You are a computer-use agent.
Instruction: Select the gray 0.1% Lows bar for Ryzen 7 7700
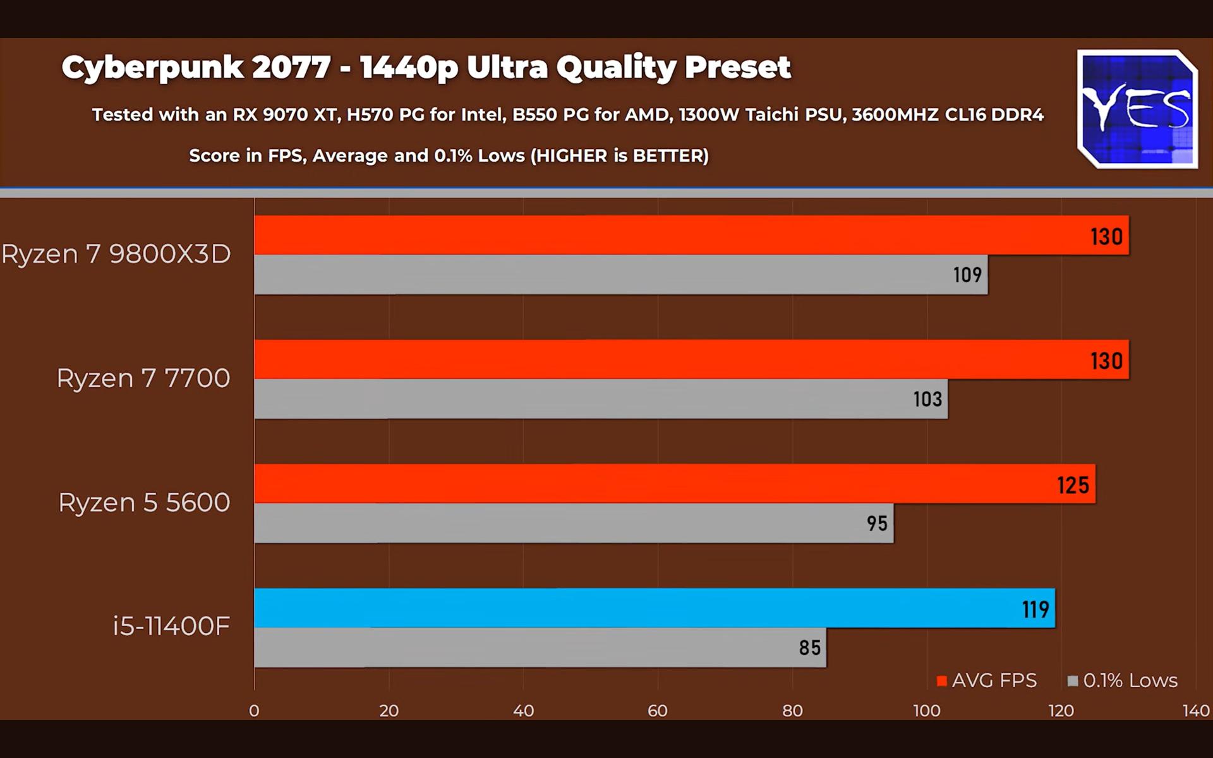pyautogui.click(x=600, y=399)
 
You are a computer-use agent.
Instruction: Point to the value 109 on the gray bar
pyautogui.click(x=967, y=275)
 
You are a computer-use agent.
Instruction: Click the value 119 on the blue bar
pyautogui.click(x=1035, y=609)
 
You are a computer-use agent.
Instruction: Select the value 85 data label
pyautogui.click(x=809, y=647)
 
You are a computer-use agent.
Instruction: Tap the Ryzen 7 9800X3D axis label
pyautogui.click(x=116, y=254)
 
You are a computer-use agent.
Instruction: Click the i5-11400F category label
pyautogui.click(x=171, y=626)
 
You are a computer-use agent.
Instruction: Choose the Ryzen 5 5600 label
pyautogui.click(x=144, y=502)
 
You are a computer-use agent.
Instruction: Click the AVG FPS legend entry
pyautogui.click(x=987, y=680)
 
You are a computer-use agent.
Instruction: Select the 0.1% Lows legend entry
pyautogui.click(x=1123, y=680)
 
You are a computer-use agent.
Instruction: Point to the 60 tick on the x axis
pyautogui.click(x=658, y=711)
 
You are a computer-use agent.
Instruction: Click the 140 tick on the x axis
pyautogui.click(x=1195, y=711)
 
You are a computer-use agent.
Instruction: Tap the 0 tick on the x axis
pyautogui.click(x=254, y=711)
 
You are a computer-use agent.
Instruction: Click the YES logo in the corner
pyautogui.click(x=1137, y=109)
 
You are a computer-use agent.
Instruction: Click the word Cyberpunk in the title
pyautogui.click(x=152, y=68)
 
